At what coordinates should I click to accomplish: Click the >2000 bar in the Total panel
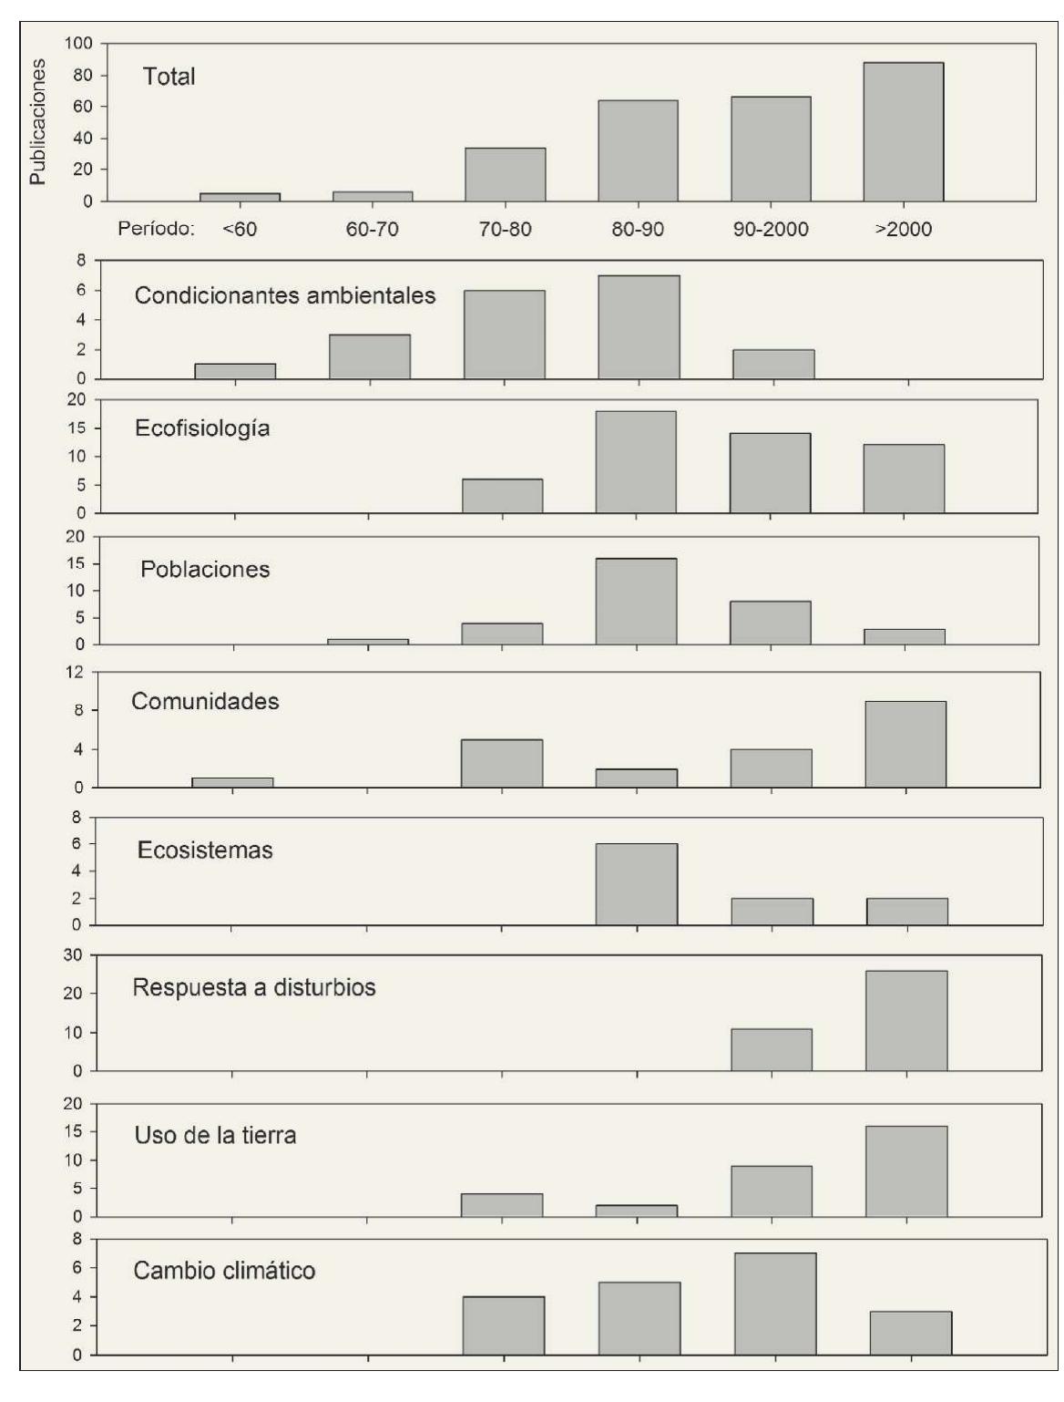903,131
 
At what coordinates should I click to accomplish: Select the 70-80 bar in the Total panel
505,174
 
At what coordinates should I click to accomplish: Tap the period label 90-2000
771,229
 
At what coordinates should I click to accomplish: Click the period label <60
240,229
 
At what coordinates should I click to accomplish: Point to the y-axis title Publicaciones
37,122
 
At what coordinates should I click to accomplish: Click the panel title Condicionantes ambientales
285,296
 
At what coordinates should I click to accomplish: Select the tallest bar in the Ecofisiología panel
636,462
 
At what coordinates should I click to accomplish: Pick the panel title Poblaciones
205,570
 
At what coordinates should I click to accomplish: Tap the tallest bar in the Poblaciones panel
636,602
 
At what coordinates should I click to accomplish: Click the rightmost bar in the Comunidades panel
905,744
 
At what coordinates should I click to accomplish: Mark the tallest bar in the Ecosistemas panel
637,884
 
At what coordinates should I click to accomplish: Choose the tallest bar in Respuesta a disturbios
906,1021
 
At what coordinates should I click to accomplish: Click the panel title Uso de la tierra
215,1137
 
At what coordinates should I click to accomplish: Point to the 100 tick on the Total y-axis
79,44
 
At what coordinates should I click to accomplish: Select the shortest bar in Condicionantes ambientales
236,371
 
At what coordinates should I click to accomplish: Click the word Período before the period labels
157,229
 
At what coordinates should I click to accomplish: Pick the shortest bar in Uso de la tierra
637,1211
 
